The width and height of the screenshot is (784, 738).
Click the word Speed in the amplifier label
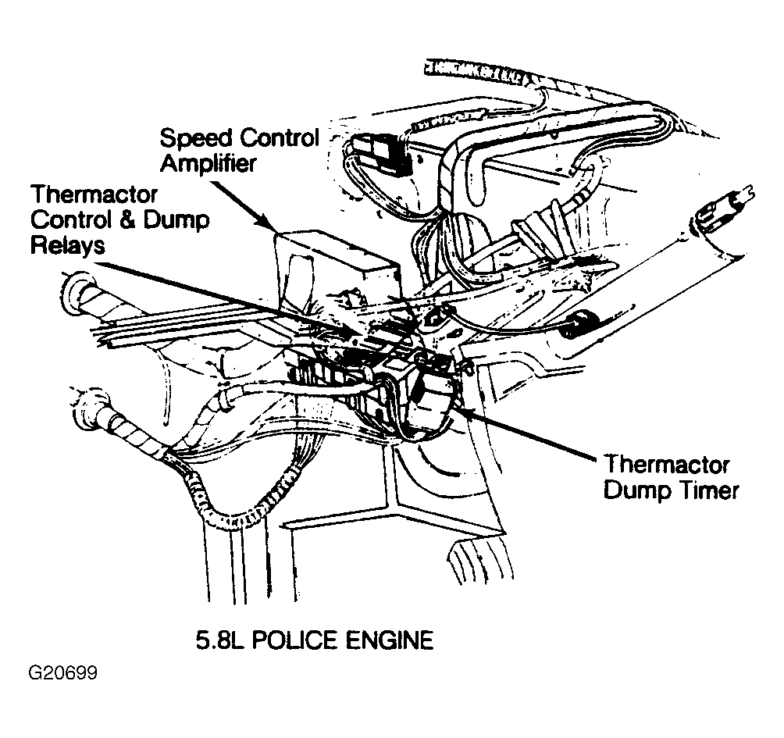[196, 139]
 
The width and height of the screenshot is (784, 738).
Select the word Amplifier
[208, 163]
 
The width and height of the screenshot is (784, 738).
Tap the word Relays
[68, 245]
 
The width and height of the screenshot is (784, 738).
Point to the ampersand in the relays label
[128, 220]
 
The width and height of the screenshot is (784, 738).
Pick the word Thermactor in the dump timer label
[667, 465]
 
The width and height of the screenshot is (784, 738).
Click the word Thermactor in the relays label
[94, 194]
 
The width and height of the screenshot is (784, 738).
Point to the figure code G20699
[63, 673]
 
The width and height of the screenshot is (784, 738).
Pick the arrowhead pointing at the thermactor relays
[350, 331]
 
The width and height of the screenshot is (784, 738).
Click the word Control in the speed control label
[280, 138]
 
